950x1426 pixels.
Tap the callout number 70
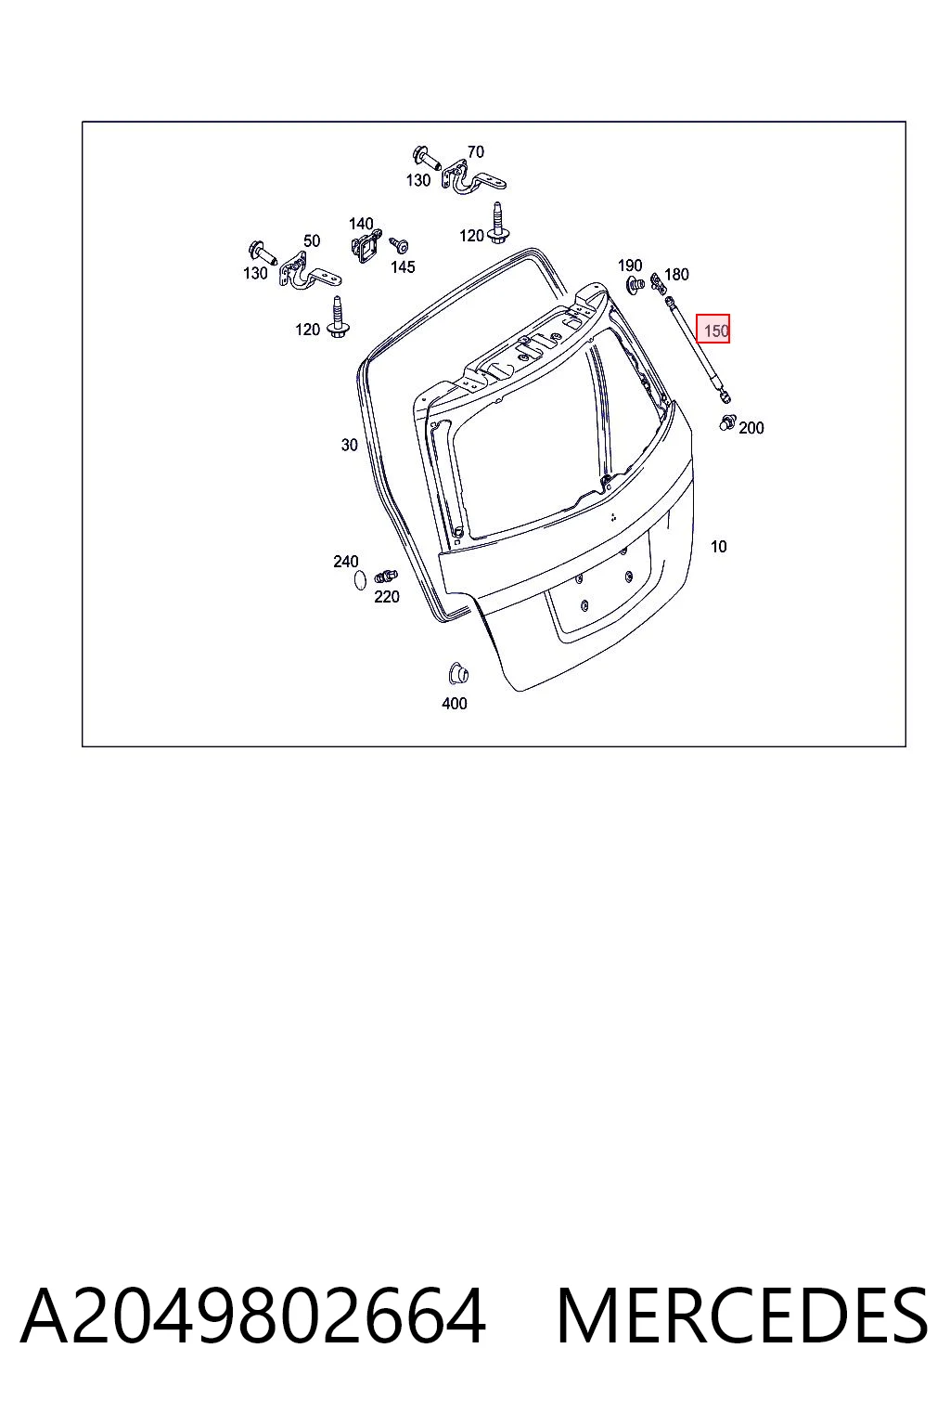(x=475, y=151)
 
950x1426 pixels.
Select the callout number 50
(x=311, y=240)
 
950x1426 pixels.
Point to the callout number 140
(x=361, y=224)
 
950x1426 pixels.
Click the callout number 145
(x=403, y=266)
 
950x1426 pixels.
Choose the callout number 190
(x=630, y=265)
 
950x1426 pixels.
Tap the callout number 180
(x=676, y=275)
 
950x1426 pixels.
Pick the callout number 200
(x=751, y=428)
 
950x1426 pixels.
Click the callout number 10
(x=718, y=546)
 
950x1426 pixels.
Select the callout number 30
(x=350, y=445)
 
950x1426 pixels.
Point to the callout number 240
(x=345, y=562)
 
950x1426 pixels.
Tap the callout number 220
(x=386, y=597)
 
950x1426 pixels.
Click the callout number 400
(x=455, y=704)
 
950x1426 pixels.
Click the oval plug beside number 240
(x=360, y=580)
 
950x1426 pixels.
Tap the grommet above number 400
(x=457, y=673)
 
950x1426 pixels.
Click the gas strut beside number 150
(x=698, y=349)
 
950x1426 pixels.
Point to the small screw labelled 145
(x=399, y=245)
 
